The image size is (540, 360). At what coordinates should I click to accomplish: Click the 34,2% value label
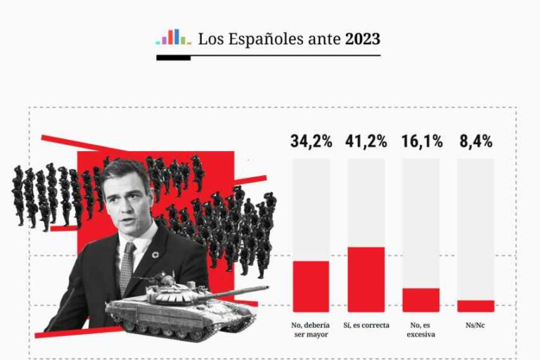311,141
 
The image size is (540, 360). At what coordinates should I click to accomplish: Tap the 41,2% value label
366,141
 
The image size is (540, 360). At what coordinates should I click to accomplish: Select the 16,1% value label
421,141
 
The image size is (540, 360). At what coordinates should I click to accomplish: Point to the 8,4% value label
475,141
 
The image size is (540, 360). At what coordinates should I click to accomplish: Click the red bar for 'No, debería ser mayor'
311,286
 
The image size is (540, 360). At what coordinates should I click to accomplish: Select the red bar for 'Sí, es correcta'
366,279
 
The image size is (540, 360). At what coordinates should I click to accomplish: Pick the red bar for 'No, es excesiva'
421,300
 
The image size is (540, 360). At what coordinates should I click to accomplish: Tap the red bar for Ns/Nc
475,306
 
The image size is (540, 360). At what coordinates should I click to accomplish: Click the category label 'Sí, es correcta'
366,325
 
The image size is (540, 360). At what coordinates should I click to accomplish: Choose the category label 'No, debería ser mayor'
311,329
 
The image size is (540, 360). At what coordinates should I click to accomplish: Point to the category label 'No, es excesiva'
421,329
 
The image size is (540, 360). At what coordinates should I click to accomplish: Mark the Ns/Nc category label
475,325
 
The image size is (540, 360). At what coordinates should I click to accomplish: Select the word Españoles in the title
266,39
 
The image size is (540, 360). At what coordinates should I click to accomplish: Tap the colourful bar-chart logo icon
172,37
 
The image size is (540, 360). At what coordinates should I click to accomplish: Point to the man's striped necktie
127,268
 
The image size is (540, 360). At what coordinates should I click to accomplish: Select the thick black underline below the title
173,58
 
